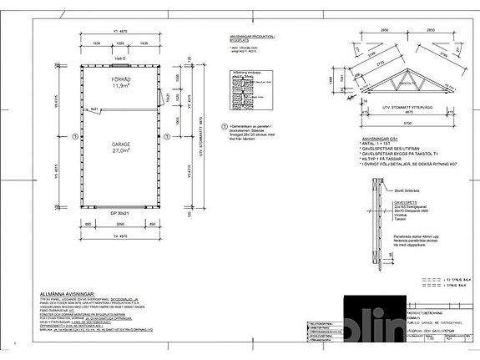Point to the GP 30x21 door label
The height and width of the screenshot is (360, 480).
(119, 214)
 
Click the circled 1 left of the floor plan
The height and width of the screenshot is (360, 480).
(74, 134)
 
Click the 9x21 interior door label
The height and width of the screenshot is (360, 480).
(95, 109)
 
